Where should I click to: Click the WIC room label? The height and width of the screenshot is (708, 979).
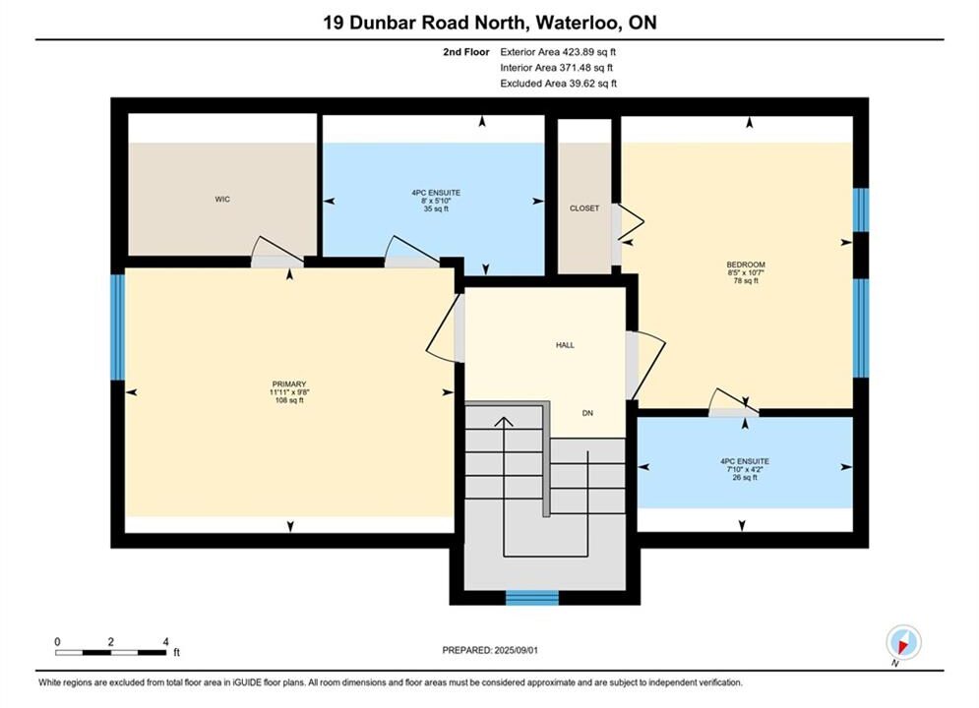coord(222,200)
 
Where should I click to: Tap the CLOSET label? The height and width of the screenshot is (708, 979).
coord(584,208)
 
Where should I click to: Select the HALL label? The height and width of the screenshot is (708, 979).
coord(565,345)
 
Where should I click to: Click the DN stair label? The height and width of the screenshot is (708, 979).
coord(587,413)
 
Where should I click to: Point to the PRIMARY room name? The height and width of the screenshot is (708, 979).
coord(289,384)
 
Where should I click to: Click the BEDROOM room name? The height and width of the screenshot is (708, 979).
coord(746,265)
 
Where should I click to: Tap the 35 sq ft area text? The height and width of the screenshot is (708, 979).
coord(436,209)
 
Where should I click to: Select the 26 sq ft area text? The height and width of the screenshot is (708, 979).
coord(745,478)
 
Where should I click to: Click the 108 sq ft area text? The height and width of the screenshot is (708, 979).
coord(289,400)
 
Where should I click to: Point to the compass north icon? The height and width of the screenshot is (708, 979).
coord(903,642)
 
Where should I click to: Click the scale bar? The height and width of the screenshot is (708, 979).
coord(110,653)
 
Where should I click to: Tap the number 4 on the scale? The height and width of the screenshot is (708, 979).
coord(165,641)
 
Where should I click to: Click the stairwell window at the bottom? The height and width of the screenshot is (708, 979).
coord(532,598)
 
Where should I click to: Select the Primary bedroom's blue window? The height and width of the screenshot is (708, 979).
coord(117,327)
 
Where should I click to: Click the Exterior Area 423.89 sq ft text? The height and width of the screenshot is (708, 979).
coord(558,52)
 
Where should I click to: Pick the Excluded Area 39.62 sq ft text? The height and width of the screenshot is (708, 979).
coord(558,84)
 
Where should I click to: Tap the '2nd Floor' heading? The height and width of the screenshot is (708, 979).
coord(465,52)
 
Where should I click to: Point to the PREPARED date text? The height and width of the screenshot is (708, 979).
coord(490,650)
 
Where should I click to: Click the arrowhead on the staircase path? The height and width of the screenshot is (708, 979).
coord(504,421)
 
